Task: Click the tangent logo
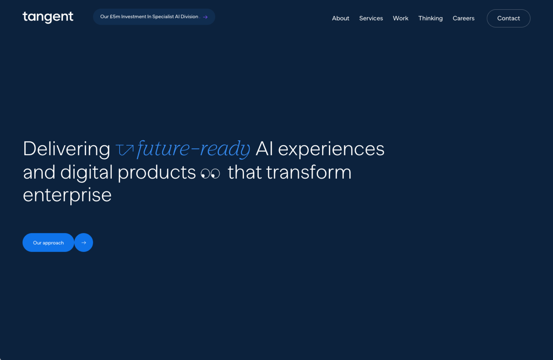48,17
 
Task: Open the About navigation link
340,18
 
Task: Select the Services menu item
371,18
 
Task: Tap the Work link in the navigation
401,18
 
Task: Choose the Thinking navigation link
431,18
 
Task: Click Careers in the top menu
464,18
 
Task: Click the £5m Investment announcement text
149,17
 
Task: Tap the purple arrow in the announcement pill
205,17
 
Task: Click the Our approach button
48,242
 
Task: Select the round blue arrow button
84,242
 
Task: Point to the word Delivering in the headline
67,149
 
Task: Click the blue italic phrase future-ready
194,149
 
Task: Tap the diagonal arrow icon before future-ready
124,150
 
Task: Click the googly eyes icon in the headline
210,174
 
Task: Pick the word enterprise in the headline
67,195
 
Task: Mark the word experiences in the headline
331,149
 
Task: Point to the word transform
309,172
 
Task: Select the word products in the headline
157,173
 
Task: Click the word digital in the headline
86,172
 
